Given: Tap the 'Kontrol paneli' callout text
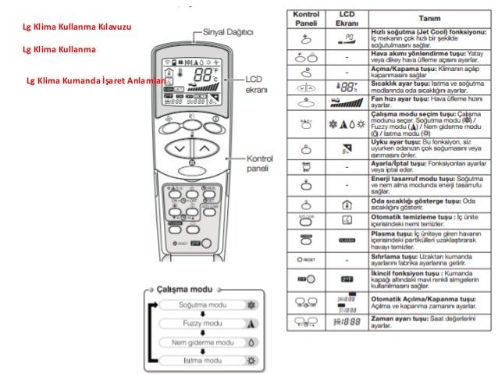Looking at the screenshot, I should [260, 162].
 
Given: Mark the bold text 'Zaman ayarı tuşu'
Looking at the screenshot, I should [398, 320].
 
